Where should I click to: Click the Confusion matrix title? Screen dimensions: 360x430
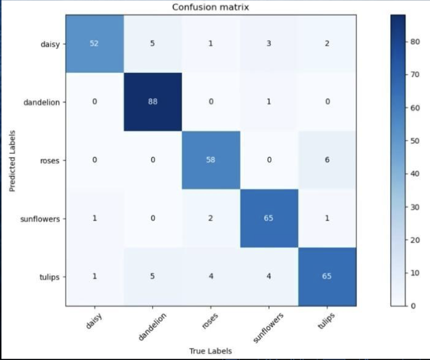coord(210,7)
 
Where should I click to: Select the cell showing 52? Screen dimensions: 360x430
coord(94,44)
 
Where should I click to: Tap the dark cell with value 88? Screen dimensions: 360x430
coord(153,102)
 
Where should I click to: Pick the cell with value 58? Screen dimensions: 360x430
coord(210,161)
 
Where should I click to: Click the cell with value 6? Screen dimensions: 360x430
coord(327,161)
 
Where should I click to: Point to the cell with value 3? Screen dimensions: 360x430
coord(268,44)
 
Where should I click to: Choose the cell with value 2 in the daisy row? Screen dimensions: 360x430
coord(327,44)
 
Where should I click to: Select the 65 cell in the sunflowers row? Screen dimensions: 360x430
coord(268,218)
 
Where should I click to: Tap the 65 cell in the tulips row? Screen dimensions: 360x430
coord(327,277)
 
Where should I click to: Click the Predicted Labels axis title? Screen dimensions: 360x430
coord(13,160)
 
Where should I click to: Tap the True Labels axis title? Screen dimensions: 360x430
coord(210,350)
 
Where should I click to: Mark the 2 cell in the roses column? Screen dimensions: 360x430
coord(210,218)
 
